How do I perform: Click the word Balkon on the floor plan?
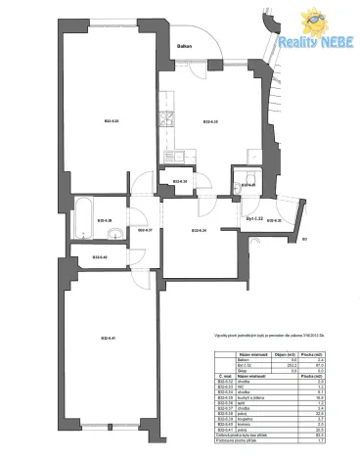point(183,47)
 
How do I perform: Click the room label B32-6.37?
point(143,230)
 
